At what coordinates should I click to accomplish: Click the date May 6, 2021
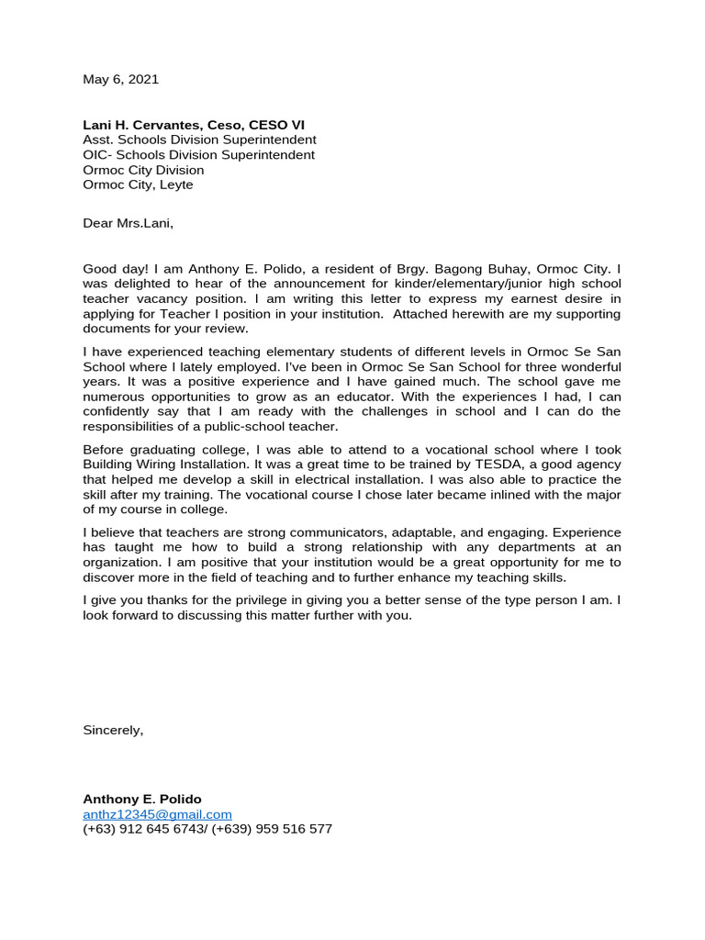point(120,79)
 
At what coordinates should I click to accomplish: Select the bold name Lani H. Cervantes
point(140,125)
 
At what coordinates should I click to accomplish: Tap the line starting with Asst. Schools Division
point(199,140)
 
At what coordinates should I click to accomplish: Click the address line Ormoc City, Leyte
point(138,185)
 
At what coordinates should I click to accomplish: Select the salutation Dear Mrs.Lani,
point(128,223)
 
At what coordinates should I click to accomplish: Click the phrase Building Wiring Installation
point(162,464)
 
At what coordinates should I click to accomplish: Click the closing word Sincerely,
point(113,730)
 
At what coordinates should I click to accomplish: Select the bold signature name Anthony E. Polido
point(142,800)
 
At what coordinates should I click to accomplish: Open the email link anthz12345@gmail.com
point(157,814)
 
